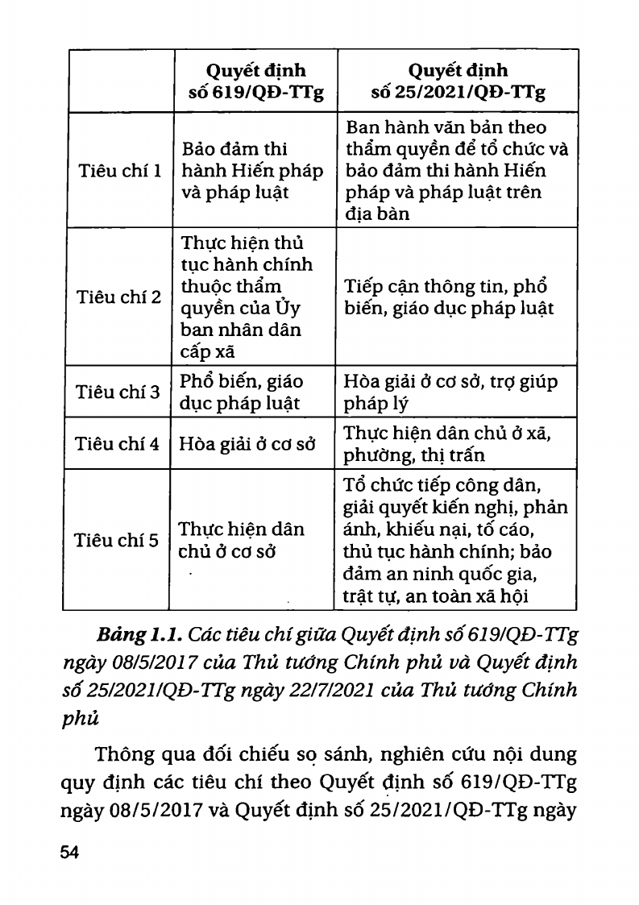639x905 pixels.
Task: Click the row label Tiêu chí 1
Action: [118, 171]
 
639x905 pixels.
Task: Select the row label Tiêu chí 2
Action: [118, 297]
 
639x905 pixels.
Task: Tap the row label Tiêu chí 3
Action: [118, 392]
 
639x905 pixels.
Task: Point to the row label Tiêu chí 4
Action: [118, 444]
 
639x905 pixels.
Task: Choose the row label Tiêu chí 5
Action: [118, 540]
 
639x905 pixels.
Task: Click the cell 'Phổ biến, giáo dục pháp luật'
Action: [242, 392]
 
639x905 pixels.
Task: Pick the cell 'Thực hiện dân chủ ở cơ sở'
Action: [242, 541]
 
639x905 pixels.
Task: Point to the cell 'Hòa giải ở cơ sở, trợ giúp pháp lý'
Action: [450, 392]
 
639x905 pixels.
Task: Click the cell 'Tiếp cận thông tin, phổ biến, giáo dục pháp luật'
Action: [449, 297]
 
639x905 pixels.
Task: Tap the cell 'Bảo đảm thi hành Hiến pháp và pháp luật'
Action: [252, 171]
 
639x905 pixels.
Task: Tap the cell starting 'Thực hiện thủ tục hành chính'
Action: [247, 297]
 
